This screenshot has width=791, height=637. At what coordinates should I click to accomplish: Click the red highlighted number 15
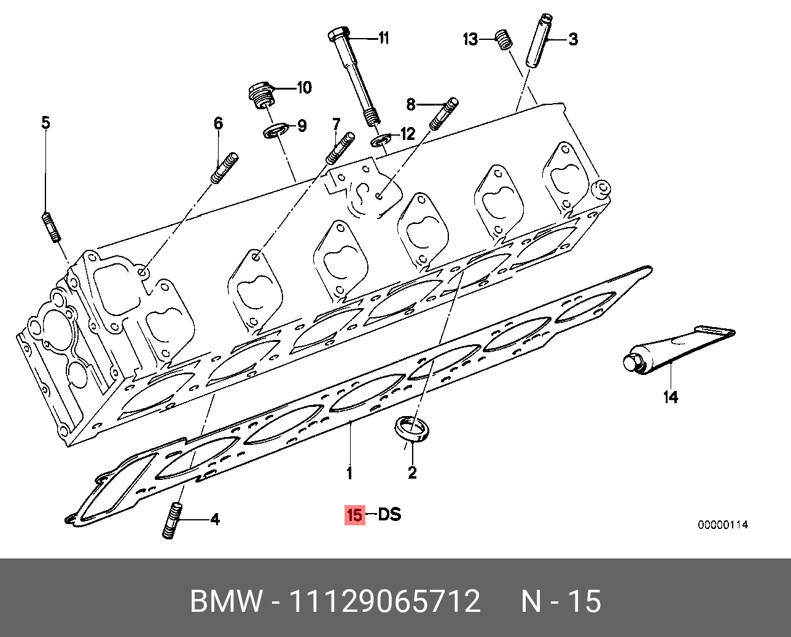pos(354,515)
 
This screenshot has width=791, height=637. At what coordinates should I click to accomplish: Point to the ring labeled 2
pos(411,428)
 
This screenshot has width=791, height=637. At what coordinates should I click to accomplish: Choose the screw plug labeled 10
pos(262,95)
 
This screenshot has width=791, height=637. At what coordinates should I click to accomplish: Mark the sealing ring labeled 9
pos(275,131)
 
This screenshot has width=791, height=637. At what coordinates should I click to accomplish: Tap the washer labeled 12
pos(381,141)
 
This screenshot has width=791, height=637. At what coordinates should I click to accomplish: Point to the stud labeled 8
pos(443,114)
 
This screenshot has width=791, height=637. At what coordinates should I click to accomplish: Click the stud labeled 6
pos(225,168)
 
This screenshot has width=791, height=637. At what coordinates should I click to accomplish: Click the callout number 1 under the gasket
pos(349,473)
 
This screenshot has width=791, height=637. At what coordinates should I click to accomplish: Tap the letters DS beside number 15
pos(389,514)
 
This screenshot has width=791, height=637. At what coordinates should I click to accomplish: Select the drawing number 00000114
pos(722,525)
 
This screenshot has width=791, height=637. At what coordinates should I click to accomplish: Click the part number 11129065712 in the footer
pos(384,601)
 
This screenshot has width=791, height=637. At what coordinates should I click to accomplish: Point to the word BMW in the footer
pos(226,601)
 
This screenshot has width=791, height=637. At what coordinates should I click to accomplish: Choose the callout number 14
pos(671,397)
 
